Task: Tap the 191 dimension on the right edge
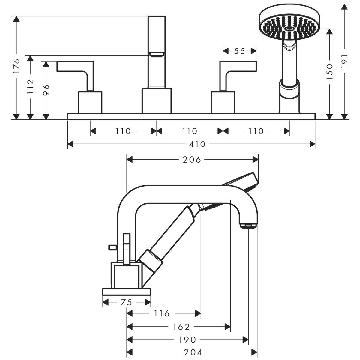(344, 61)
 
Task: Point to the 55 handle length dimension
(239, 51)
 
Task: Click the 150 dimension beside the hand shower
(330, 71)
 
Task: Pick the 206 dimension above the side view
(192, 160)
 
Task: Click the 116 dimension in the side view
(162, 314)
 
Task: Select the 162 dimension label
(181, 327)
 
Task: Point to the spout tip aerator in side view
(248, 226)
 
